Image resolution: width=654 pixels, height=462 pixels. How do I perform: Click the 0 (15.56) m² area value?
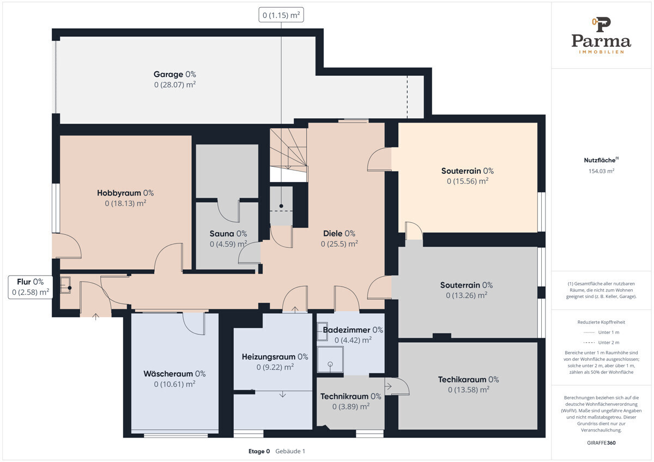pyautogui.click(x=468, y=181)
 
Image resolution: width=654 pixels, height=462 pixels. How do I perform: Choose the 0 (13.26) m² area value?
pyautogui.click(x=467, y=295)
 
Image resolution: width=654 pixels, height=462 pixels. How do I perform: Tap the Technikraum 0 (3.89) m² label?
pyautogui.click(x=350, y=402)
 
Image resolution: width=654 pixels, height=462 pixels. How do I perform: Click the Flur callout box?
pyautogui.click(x=31, y=287)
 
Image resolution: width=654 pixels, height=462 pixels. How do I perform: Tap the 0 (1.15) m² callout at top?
pyautogui.click(x=281, y=15)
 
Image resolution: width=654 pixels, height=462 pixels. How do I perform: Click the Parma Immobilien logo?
pyautogui.click(x=601, y=35)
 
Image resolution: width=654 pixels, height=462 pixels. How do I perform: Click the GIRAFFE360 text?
pyautogui.click(x=601, y=443)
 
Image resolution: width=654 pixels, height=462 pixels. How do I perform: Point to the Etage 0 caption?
pyautogui.click(x=259, y=451)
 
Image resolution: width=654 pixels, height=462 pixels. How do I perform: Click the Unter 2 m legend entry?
pyautogui.click(x=601, y=342)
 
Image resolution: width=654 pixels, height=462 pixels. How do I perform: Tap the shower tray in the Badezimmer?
pyautogui.click(x=330, y=359)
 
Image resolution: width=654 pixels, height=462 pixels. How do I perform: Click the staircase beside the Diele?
pyautogui.click(x=288, y=155)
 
